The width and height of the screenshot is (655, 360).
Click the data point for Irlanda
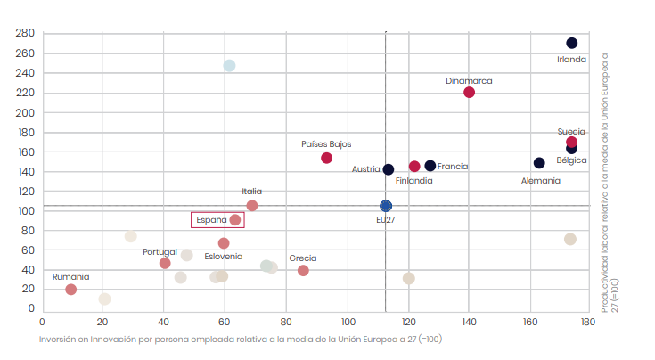(571, 43)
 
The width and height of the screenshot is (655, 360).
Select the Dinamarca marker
(470, 93)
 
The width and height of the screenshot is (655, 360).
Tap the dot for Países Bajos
(326, 158)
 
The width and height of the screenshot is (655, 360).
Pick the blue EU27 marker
(386, 206)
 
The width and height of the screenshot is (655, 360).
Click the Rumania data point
(71, 290)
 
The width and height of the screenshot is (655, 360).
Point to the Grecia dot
(303, 270)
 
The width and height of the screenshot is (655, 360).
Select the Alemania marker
(539, 163)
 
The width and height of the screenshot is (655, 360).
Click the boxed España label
(218, 220)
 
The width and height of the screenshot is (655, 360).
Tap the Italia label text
(252, 192)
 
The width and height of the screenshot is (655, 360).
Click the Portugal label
(160, 252)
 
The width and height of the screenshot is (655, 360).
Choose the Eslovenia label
(223, 257)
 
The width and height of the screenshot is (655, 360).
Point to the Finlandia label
(414, 181)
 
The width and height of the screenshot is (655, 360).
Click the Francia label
(453, 167)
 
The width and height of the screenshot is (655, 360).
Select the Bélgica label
(571, 160)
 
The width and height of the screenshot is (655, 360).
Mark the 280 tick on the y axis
(25, 34)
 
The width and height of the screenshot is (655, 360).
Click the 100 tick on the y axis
(25, 211)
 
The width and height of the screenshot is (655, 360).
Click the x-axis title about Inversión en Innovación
(240, 340)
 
